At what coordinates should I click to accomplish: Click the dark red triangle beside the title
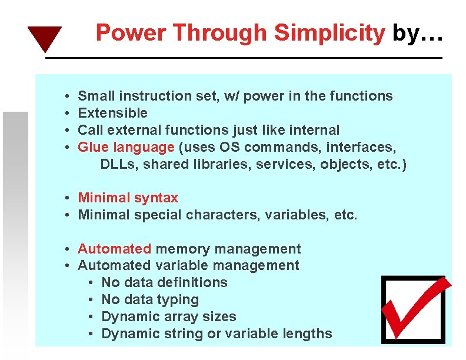[44, 38]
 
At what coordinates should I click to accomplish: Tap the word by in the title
[404, 34]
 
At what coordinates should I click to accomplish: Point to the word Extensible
[112, 113]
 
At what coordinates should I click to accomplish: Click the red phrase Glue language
[126, 147]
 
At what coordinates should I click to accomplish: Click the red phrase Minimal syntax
[128, 198]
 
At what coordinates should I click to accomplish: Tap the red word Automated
[114, 249]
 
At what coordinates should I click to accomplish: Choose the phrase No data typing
[150, 300]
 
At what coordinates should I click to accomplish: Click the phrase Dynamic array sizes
[168, 317]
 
